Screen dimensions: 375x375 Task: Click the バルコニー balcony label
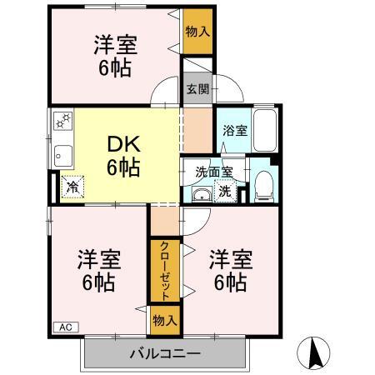[165, 352]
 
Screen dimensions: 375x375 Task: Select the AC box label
[65, 327]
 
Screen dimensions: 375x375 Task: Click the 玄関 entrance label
[197, 89]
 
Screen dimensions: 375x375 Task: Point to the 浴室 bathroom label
[234, 131]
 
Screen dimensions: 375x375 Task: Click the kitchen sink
[62, 154]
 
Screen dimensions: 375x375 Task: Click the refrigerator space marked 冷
[72, 188]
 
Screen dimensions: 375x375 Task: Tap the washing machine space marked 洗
[225, 191]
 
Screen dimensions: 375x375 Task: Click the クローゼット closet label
[164, 271]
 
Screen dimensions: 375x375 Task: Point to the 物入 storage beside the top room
[197, 32]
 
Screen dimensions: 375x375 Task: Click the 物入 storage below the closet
[164, 319]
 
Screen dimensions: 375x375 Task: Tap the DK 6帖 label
[122, 154]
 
